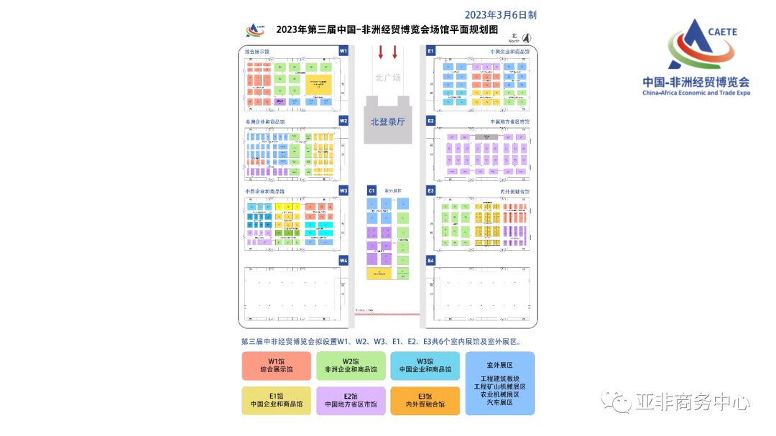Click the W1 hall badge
click(343, 51)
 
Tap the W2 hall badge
click(343, 121)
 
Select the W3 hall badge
click(343, 190)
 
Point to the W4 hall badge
click(343, 260)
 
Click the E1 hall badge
click(431, 51)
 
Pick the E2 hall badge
click(431, 121)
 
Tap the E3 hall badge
click(431, 190)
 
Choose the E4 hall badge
click(431, 260)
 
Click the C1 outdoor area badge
click(371, 190)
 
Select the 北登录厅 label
click(387, 122)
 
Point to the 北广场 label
click(387, 78)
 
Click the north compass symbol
click(526, 38)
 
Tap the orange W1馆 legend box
click(277, 366)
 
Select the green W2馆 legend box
click(351, 366)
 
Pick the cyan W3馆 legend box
click(425, 366)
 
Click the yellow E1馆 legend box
click(277, 400)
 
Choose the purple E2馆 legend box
click(351, 400)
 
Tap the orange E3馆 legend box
click(425, 400)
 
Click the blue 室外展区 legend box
click(499, 383)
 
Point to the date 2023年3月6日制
click(500, 14)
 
